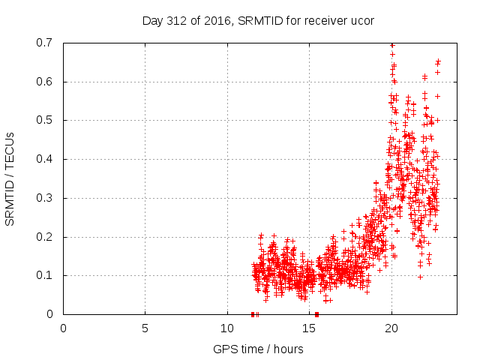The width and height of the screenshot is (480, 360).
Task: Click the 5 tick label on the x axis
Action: [145, 328]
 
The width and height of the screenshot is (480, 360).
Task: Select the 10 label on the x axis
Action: [227, 328]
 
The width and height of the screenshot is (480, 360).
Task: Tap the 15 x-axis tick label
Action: [309, 328]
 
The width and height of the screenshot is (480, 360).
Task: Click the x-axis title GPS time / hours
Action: [258, 349]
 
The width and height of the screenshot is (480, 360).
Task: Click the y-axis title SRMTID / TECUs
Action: [10, 178]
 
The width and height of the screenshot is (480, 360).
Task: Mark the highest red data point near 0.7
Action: [391, 45]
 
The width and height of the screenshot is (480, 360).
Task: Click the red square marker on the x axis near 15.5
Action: [316, 314]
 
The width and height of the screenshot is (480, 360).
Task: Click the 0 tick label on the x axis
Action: [63, 328]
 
